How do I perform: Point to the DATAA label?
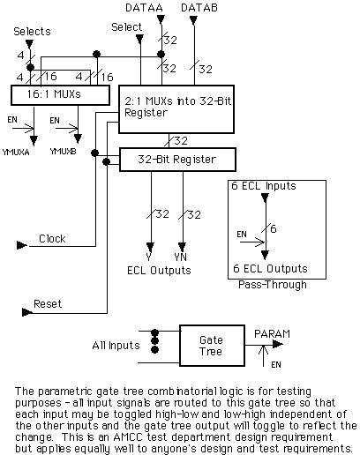click(x=144, y=8)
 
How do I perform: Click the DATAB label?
click(x=199, y=8)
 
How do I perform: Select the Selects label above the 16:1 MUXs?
click(x=32, y=32)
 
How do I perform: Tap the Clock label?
click(x=52, y=239)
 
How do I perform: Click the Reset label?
click(x=48, y=304)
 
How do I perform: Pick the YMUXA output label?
click(x=16, y=153)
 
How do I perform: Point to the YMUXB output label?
click(x=63, y=152)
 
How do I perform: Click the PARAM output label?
click(x=272, y=334)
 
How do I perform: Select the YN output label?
click(x=180, y=257)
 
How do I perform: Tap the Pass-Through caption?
click(x=273, y=285)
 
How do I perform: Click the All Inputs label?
click(x=116, y=346)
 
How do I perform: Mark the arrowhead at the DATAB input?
click(x=193, y=20)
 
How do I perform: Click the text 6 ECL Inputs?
click(x=264, y=186)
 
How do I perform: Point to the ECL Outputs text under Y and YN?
click(x=159, y=271)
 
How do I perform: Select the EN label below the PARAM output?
click(x=276, y=365)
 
